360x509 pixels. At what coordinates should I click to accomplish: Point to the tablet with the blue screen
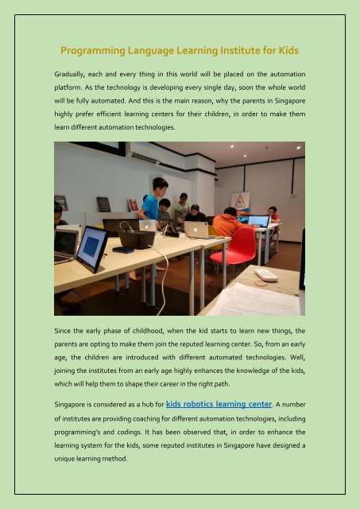coord(91,249)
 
